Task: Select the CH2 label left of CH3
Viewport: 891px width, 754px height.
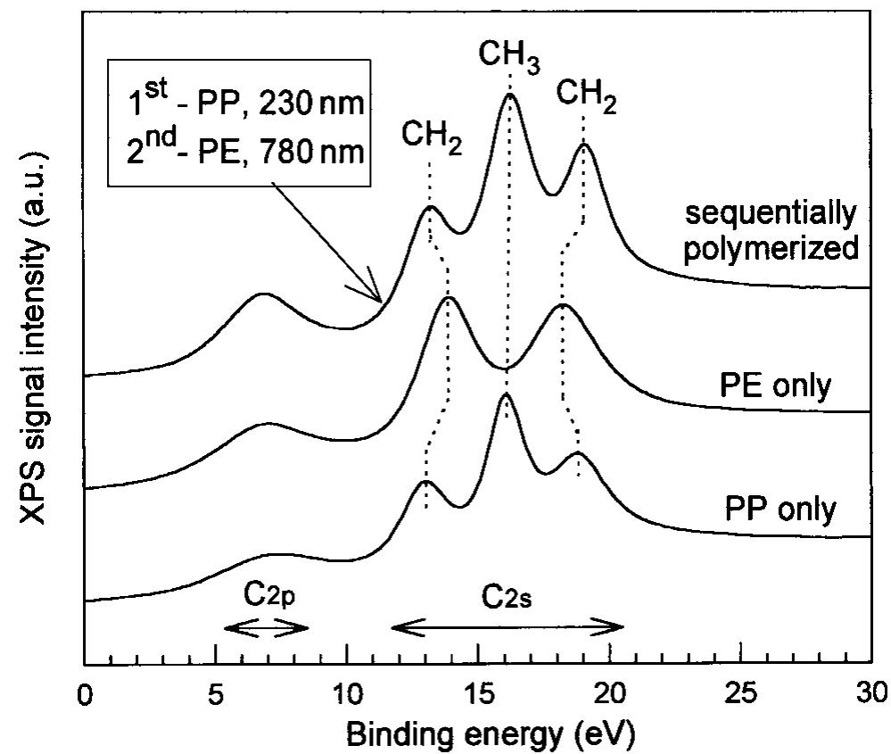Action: pyautogui.click(x=432, y=137)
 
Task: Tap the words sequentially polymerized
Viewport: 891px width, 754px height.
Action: pyautogui.click(x=771, y=229)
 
